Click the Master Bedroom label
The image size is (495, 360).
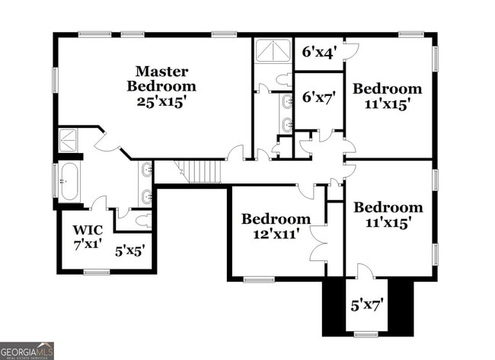(x=161, y=78)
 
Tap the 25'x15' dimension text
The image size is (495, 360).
(x=161, y=101)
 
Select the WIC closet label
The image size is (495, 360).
(x=87, y=230)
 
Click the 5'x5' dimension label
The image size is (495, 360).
(x=130, y=249)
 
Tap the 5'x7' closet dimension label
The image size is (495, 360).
(x=366, y=306)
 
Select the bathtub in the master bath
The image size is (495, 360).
(x=69, y=181)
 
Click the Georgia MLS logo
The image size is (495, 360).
(x=27, y=350)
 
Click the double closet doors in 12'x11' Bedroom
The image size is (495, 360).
(x=318, y=242)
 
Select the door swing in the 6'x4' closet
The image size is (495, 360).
(x=350, y=51)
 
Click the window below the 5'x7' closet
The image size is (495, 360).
(x=366, y=333)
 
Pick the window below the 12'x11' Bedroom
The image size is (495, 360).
(x=259, y=279)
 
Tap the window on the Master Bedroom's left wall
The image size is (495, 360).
(x=55, y=79)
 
